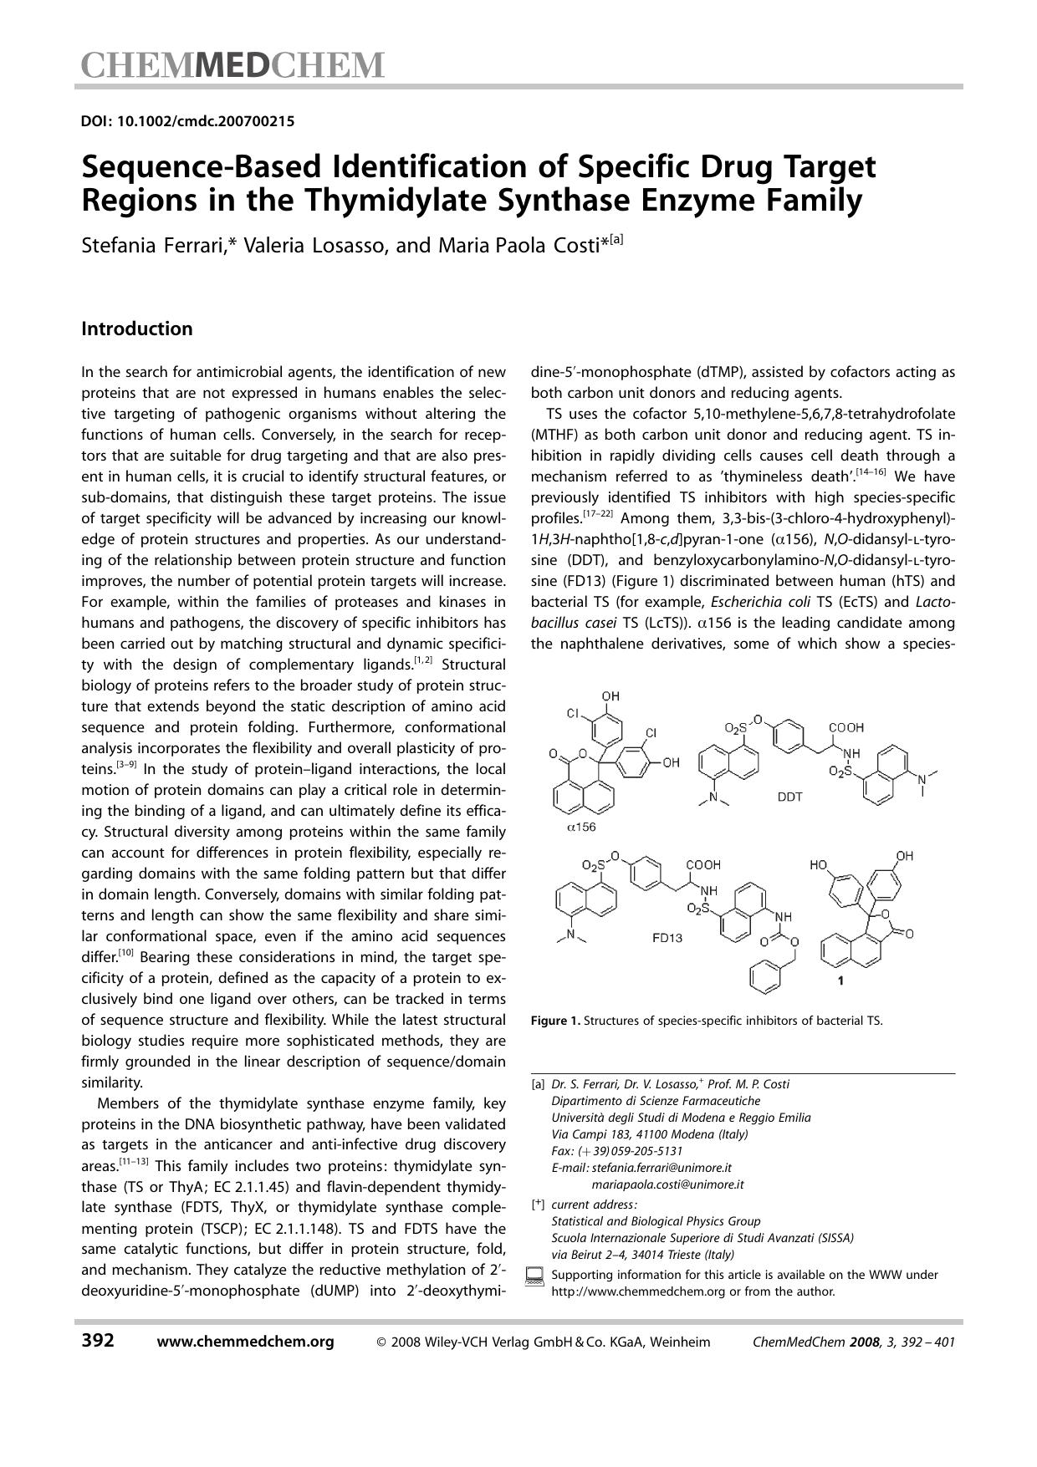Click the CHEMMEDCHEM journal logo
[x=233, y=65]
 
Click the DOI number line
[x=187, y=121]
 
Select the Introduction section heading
[x=136, y=329]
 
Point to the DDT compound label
[x=789, y=797]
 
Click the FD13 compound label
[x=667, y=938]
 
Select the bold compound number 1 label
[x=840, y=982]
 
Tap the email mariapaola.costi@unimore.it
[x=667, y=1184]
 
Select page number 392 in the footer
[x=98, y=1342]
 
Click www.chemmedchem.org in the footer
[x=245, y=1342]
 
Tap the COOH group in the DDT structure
[x=845, y=728]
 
